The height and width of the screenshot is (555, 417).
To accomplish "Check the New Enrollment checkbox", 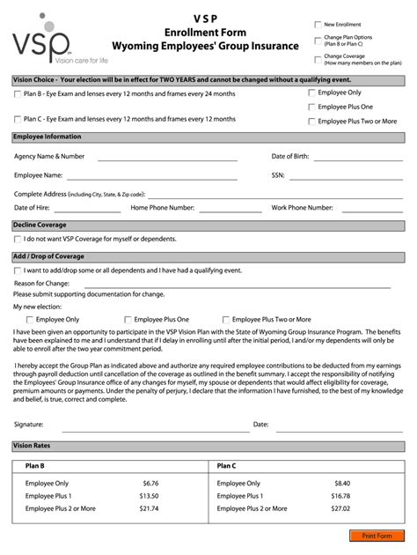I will [x=318, y=25].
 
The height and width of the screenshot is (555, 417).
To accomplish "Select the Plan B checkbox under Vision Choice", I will [x=18, y=94].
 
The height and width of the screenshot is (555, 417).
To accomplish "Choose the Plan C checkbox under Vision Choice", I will [x=18, y=119].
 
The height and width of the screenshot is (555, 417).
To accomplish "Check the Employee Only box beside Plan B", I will [x=311, y=92].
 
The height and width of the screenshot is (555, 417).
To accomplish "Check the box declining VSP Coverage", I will [x=18, y=239].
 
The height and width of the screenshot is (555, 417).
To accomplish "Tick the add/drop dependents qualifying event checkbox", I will [x=18, y=270].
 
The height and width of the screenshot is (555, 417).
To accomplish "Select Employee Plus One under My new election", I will [x=128, y=320].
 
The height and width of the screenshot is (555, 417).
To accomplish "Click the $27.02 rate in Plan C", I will [x=340, y=508].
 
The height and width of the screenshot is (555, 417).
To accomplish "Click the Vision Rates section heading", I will [x=31, y=446].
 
